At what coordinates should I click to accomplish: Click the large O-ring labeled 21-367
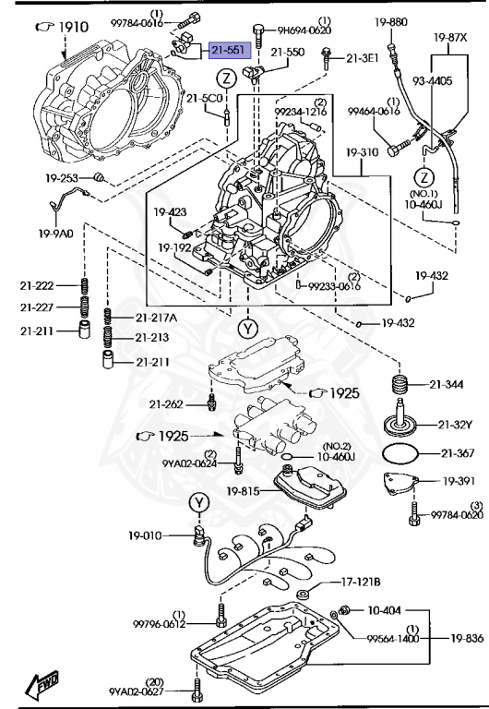pos(402,453)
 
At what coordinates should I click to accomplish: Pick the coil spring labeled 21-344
pos(400,382)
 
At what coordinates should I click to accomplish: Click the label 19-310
pos(364,151)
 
